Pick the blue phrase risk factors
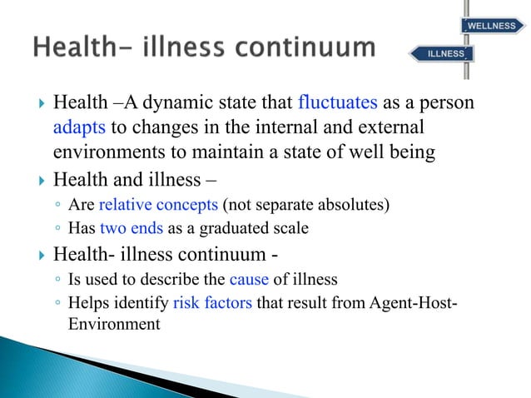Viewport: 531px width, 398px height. click(x=212, y=303)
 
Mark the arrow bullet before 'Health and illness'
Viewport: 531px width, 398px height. click(x=37, y=179)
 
